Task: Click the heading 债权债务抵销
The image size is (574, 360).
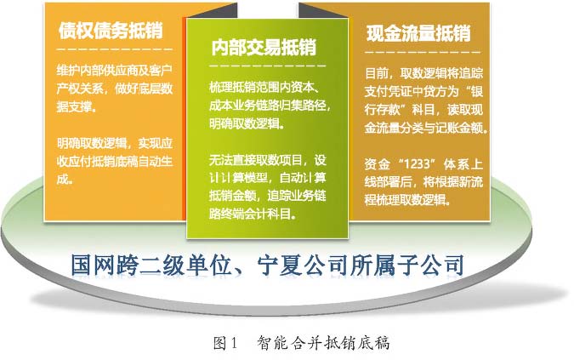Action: pos(111,30)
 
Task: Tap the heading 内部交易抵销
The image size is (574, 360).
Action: pos(264,48)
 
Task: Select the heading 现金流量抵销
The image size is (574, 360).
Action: pos(418,33)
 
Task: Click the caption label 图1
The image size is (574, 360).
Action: pos(225,343)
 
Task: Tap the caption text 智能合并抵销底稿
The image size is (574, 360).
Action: pos(323,343)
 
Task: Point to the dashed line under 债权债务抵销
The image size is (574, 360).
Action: pos(114,49)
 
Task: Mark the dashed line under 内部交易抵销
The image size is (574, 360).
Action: pos(267,66)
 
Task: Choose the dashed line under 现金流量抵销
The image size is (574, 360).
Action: pos(423,52)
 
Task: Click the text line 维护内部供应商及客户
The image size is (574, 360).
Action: pos(114,70)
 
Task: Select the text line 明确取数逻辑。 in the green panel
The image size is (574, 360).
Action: pos(247,123)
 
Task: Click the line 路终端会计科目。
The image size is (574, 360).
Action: pos(253,214)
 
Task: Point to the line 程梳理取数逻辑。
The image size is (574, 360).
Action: pos(407,200)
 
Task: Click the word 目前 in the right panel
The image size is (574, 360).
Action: pos(377,73)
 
